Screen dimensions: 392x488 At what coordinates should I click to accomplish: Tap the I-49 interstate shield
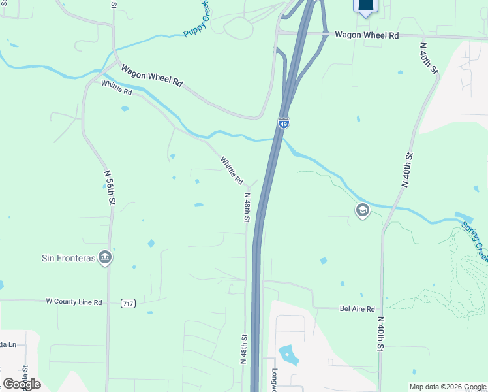pyautogui.click(x=283, y=123)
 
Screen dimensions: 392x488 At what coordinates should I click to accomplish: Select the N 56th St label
pyautogui.click(x=110, y=187)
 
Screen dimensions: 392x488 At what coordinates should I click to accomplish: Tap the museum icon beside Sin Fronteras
pyautogui.click(x=104, y=257)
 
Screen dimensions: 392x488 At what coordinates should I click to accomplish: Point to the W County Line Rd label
pyautogui.click(x=74, y=302)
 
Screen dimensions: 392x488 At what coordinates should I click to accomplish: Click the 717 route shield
pyautogui.click(x=128, y=303)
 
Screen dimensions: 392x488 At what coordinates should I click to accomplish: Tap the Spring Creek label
pyautogui.click(x=474, y=240)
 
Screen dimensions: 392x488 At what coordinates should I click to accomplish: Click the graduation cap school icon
pyautogui.click(x=362, y=210)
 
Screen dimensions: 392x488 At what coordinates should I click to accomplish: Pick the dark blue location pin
pyautogui.click(x=365, y=6)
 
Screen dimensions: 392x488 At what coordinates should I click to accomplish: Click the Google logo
pyautogui.click(x=22, y=384)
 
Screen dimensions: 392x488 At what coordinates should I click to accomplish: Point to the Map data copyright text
pyautogui.click(x=448, y=387)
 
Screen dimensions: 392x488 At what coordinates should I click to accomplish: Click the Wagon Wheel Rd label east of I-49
pyautogui.click(x=367, y=35)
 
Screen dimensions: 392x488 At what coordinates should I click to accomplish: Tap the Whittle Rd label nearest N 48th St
pyautogui.click(x=232, y=169)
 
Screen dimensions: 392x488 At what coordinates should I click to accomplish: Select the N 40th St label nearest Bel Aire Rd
pyautogui.click(x=380, y=333)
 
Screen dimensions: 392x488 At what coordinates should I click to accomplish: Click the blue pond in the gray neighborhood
pyautogui.click(x=288, y=355)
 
